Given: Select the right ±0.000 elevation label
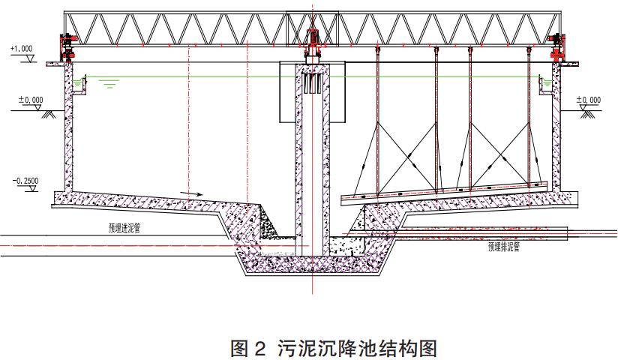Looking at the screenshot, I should pyautogui.click(x=589, y=99).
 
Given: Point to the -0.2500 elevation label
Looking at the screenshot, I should pyautogui.click(x=27, y=181).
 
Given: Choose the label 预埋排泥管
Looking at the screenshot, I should pyautogui.click(x=503, y=244).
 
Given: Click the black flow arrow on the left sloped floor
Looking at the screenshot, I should pyautogui.click(x=192, y=193).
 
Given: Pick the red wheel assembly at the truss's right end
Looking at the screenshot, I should pyautogui.click(x=556, y=46).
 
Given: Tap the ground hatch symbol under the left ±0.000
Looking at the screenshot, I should pyautogui.click(x=52, y=115).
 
